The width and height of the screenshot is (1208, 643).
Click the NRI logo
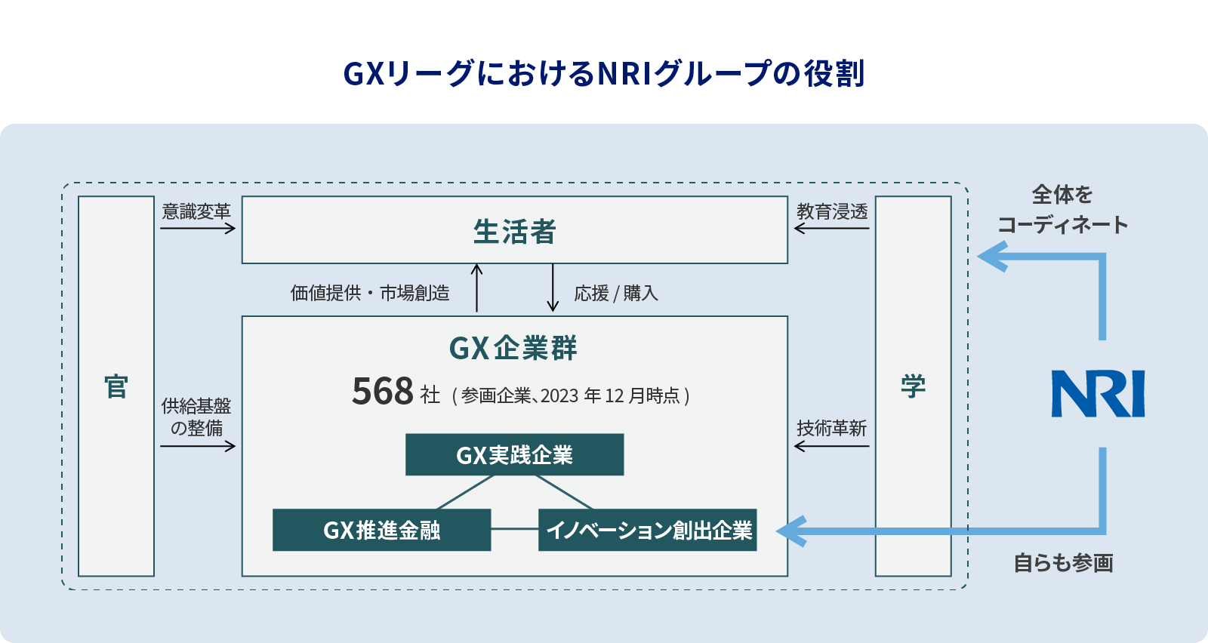[1098, 393]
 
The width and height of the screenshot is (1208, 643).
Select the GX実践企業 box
[514, 454]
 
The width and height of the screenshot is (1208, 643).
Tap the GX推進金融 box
[381, 530]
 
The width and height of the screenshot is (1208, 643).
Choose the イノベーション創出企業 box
[647, 530]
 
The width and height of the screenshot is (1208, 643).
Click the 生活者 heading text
[514, 232]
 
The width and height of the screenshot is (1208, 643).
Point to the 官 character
[116, 386]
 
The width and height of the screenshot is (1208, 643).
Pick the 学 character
[913, 386]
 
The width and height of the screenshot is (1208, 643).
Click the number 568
[383, 392]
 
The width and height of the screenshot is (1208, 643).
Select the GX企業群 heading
[513, 349]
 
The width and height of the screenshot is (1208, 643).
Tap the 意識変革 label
[196, 211]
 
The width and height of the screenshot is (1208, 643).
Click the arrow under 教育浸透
[831, 228]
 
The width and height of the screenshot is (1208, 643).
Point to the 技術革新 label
[831, 428]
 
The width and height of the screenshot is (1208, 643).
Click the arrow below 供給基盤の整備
[198, 446]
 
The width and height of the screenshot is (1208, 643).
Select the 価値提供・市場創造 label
[370, 293]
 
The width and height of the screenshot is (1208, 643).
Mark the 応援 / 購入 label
[616, 293]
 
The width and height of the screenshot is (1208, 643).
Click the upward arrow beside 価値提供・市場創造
[476, 288]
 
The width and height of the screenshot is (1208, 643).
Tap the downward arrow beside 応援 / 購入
[553, 288]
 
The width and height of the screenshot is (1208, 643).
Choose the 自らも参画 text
[1063, 563]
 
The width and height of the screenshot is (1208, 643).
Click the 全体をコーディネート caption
[1062, 210]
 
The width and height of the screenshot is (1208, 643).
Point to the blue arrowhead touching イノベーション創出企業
[791, 531]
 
